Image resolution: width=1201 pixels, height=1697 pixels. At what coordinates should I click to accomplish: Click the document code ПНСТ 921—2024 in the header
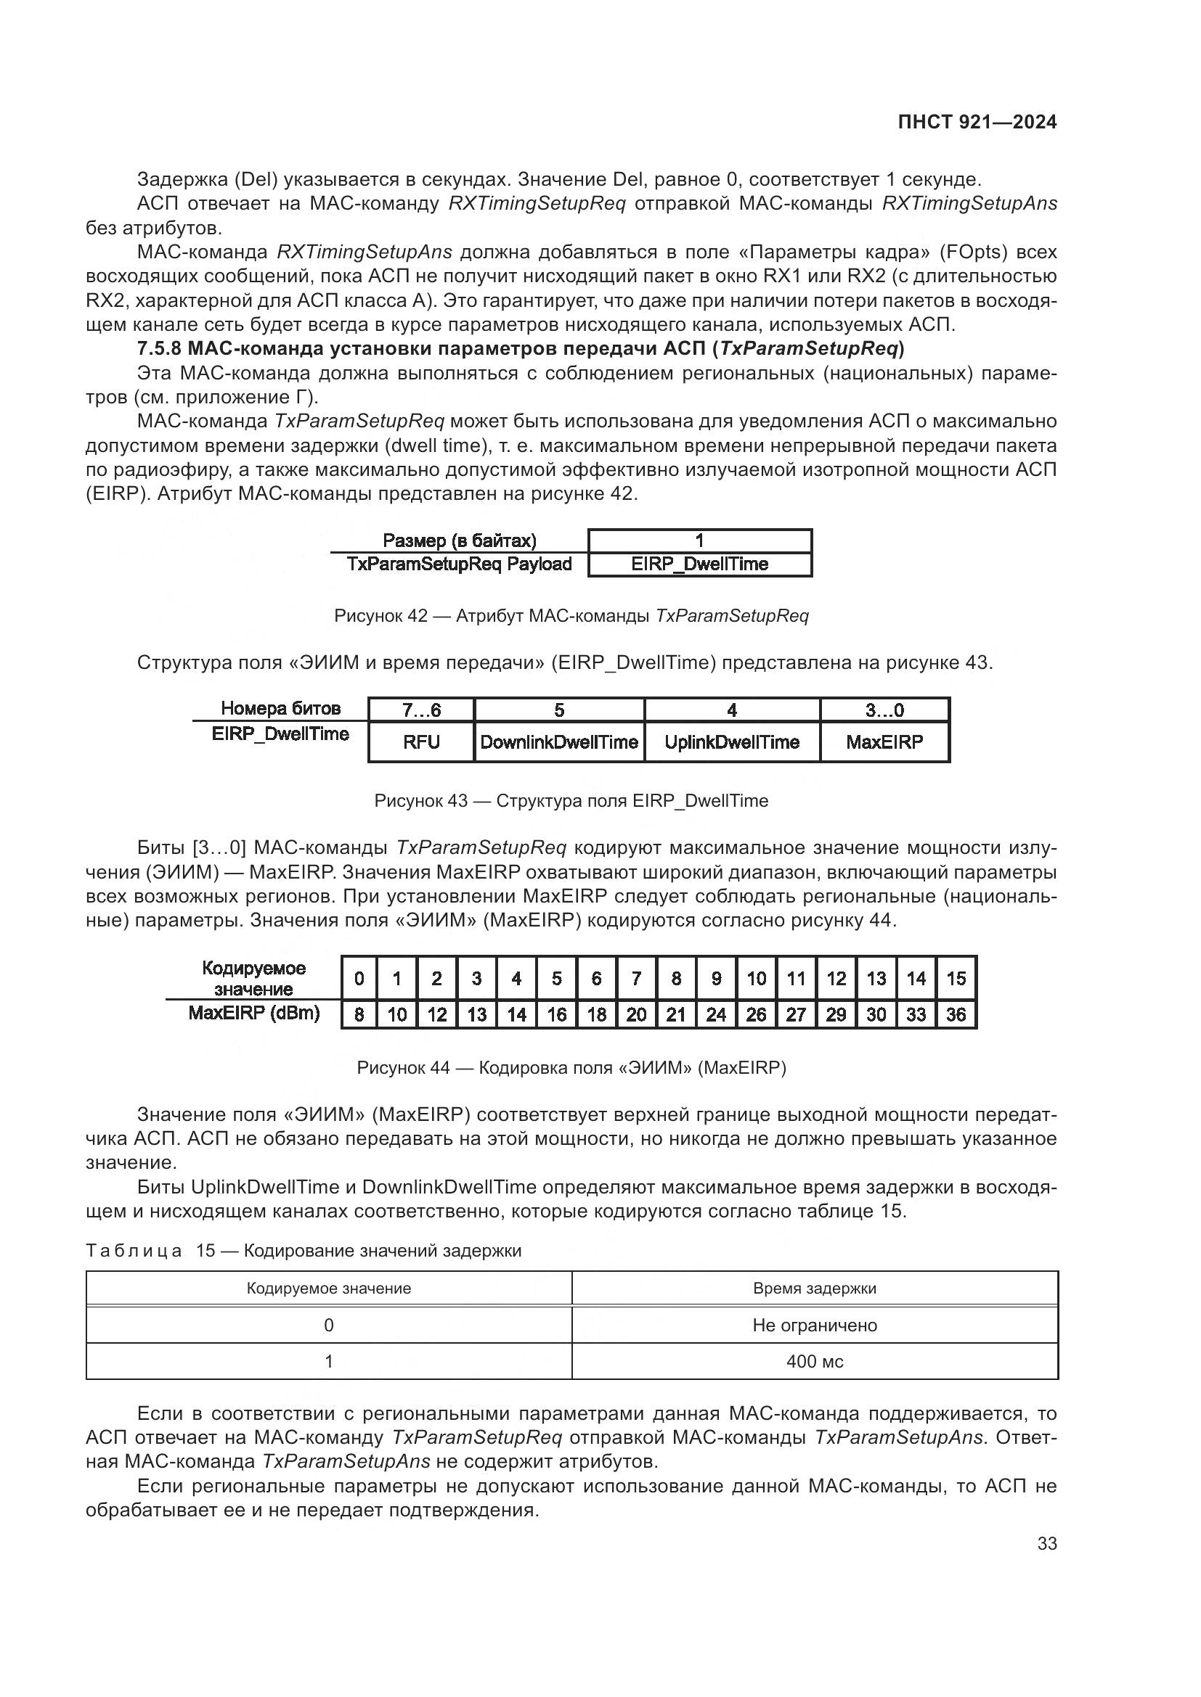(977, 123)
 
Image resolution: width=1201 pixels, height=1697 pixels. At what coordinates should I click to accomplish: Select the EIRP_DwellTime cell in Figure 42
(699, 564)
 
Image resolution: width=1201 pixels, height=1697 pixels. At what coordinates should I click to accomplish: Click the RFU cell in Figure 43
(422, 742)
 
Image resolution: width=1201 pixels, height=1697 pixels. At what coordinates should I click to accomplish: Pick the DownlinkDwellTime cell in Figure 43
(559, 742)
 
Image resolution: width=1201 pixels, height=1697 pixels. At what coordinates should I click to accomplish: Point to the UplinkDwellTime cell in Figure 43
(732, 742)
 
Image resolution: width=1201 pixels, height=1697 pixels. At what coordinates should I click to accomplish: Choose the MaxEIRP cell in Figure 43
(884, 742)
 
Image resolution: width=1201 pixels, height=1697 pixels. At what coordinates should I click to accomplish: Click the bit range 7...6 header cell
(422, 710)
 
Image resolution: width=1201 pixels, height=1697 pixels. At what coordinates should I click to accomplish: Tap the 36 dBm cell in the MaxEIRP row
(956, 1015)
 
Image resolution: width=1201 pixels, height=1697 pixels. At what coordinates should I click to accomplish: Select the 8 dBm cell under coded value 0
(359, 1015)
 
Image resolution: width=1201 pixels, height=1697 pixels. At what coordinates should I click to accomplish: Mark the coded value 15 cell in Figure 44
(956, 979)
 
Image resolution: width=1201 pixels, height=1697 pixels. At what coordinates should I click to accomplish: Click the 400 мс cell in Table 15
(814, 1361)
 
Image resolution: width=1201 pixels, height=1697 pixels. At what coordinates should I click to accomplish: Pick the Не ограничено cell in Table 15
(814, 1326)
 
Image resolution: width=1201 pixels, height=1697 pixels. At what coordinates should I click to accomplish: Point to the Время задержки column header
(814, 1289)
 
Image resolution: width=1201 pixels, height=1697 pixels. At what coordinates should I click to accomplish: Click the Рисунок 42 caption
(571, 616)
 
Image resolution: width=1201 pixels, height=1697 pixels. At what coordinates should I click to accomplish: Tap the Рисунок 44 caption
(571, 1067)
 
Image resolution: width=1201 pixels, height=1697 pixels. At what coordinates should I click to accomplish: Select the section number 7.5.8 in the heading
(159, 348)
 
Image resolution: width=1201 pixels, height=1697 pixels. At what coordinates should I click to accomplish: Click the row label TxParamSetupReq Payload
(459, 564)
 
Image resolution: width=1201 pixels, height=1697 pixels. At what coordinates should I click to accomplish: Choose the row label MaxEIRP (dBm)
(253, 1013)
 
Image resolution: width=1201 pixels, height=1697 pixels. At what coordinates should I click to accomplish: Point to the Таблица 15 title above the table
(304, 1251)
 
